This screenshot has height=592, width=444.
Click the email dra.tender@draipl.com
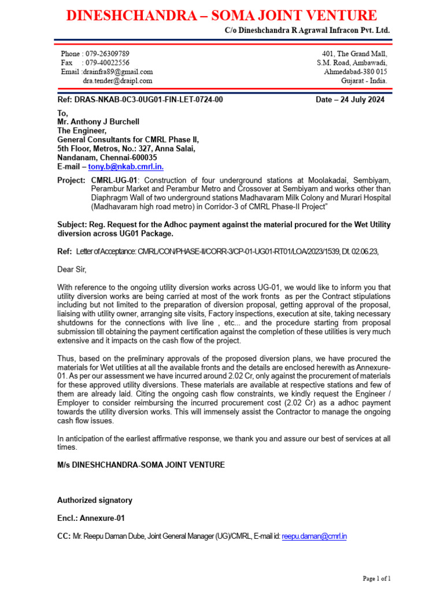[118, 81]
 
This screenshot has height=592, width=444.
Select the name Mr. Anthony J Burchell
[98, 122]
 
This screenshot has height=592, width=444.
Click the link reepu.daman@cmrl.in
[314, 536]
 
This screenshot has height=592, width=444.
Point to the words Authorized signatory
[95, 500]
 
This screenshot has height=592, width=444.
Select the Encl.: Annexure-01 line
[91, 519]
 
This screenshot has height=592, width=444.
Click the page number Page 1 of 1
[376, 578]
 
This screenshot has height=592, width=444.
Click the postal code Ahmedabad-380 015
[356, 72]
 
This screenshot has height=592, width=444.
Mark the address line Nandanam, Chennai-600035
[109, 157]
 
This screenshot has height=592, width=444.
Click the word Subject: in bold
[72, 224]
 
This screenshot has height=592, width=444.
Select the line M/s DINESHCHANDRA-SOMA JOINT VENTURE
[141, 465]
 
